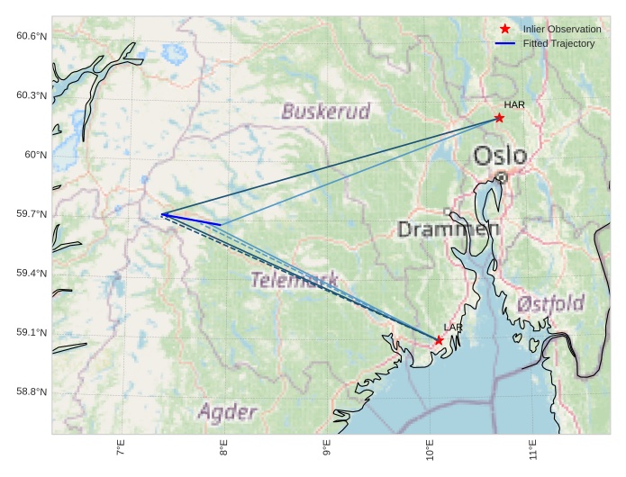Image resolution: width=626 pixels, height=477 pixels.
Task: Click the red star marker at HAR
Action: pos(499,118)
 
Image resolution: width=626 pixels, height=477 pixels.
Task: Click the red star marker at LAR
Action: pos(439,340)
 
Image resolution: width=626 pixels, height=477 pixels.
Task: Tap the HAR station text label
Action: pos(514,105)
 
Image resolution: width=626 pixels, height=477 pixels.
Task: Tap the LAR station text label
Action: pos(452,328)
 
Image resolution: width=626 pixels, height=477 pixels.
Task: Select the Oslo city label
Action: pos(500,156)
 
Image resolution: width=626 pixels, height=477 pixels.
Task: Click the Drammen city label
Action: pos(448,229)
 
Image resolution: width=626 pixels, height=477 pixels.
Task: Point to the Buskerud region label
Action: pos(325,112)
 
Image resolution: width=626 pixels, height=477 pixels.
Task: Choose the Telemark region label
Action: pos(295,280)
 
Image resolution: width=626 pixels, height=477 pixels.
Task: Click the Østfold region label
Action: pos(550,302)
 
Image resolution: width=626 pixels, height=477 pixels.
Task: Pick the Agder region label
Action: pos(227,413)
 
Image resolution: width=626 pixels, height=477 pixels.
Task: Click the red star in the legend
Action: pos(505,30)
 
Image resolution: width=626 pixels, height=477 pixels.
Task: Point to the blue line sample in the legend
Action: pos(505,44)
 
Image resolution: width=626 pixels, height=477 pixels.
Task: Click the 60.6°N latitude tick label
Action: pos(31,36)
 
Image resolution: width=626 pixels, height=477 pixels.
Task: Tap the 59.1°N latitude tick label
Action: pos(31,333)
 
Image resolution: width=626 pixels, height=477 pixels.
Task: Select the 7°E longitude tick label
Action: pos(121,448)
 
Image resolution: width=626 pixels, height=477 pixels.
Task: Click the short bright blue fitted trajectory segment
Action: pos(192,220)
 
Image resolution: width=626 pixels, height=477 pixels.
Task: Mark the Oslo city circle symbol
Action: pos(502,177)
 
